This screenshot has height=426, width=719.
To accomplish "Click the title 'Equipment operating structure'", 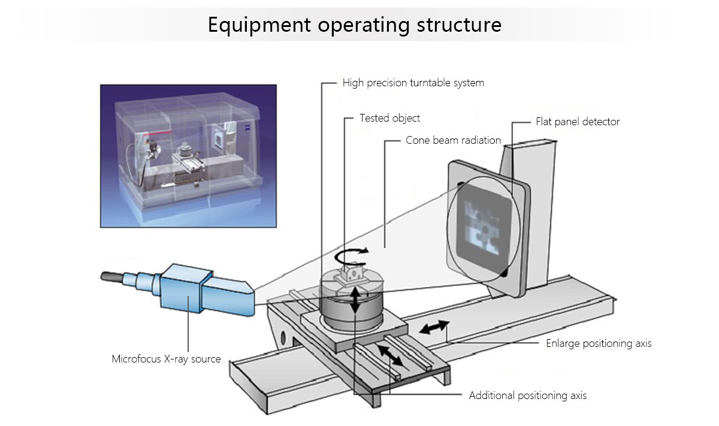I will click(354, 25).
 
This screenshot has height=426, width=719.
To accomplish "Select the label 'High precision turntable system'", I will click(413, 83).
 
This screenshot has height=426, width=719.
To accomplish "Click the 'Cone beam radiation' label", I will click(453, 140).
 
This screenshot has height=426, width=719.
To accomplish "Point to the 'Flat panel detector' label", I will click(578, 122).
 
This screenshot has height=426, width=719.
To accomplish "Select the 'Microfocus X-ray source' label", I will click(166, 359).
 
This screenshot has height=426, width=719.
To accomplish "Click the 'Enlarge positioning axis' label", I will click(598, 343).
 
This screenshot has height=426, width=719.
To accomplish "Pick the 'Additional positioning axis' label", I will click(527, 395).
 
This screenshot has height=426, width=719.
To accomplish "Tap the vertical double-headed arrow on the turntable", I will click(355, 299).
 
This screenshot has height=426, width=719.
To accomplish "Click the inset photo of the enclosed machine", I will click(188, 155).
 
